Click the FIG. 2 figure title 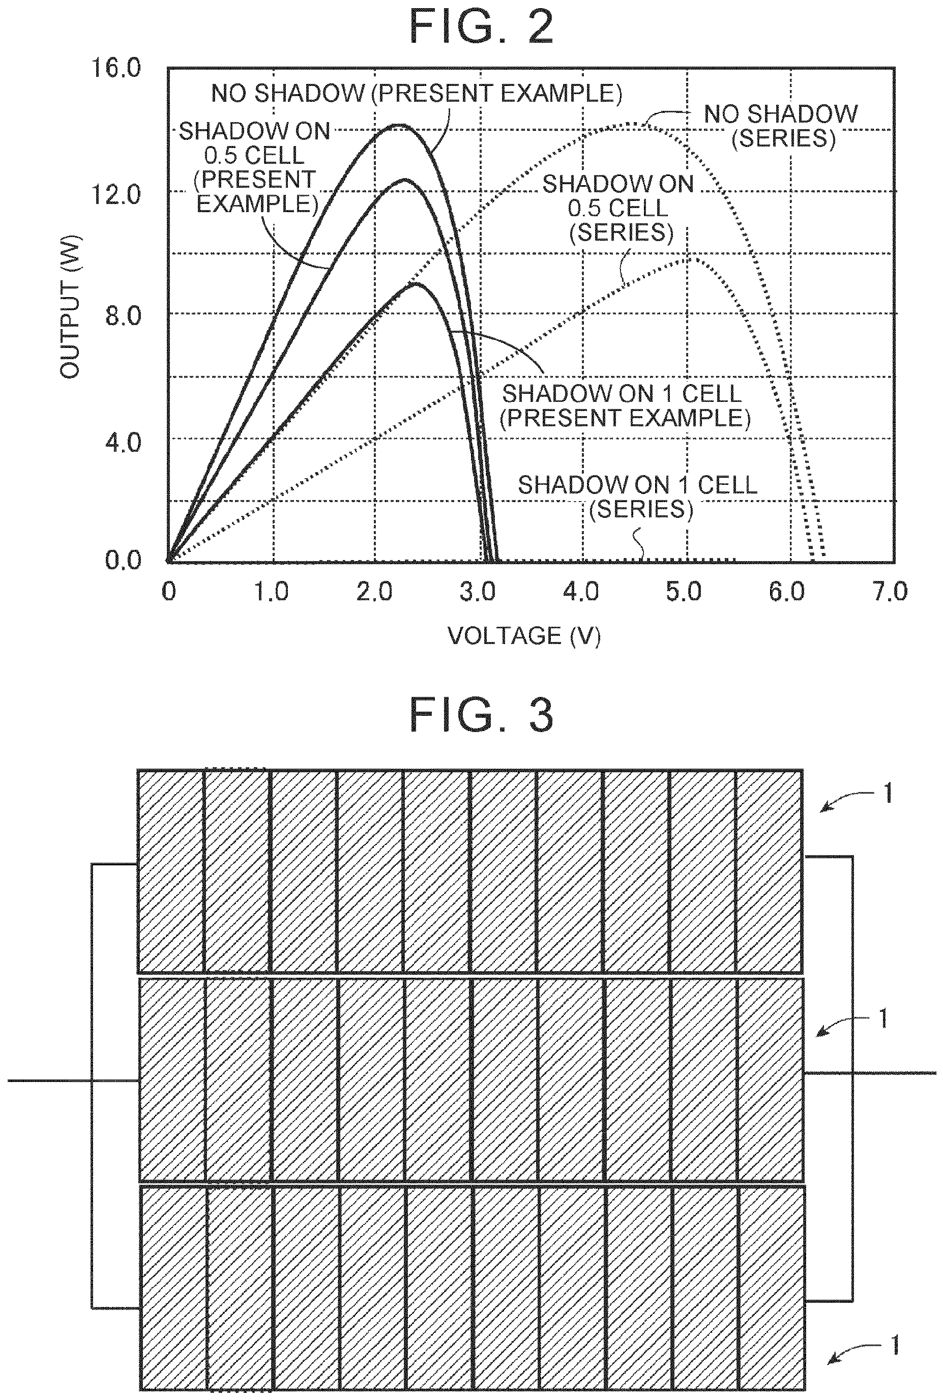click(481, 27)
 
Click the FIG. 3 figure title click(481, 715)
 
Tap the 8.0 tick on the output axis click(123, 316)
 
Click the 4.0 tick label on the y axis click(123, 443)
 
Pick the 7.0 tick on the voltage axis click(890, 592)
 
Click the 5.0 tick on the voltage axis click(684, 592)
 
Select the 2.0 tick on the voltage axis click(374, 592)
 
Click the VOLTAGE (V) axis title click(524, 636)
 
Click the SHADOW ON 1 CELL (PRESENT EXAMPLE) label click(625, 406)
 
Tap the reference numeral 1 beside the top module click(887, 795)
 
